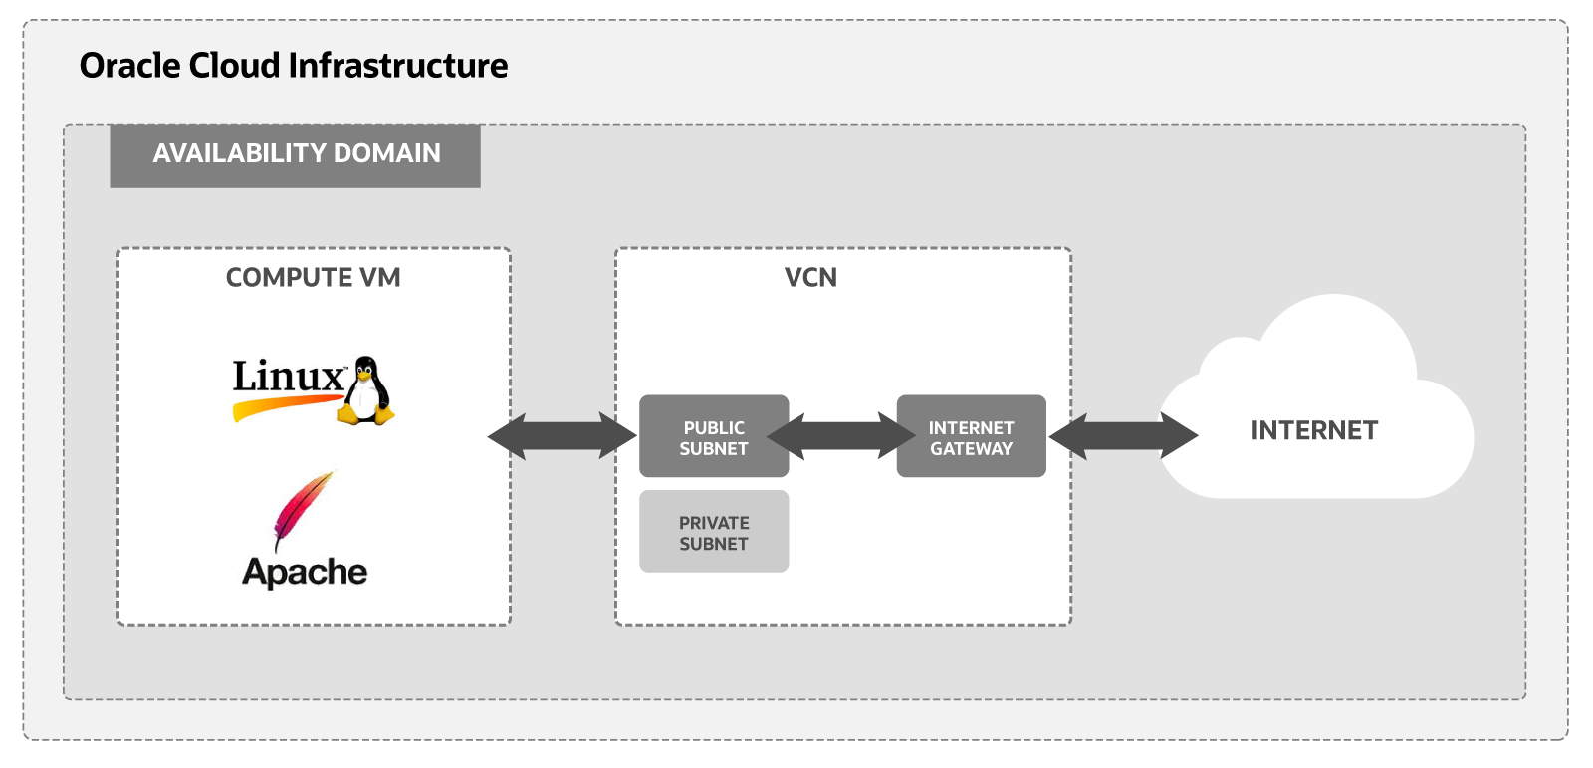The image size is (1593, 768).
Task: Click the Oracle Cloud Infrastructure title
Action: tap(294, 66)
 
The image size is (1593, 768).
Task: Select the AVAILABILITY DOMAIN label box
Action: tap(296, 154)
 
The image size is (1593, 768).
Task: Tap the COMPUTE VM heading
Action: tap(313, 277)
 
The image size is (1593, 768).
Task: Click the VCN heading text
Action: tap(810, 277)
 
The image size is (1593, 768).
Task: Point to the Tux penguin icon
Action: tap(366, 391)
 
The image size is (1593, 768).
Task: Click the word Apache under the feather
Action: tap(305, 572)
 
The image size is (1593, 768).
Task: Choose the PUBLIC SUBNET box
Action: tap(714, 436)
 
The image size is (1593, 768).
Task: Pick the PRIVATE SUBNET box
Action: tap(714, 532)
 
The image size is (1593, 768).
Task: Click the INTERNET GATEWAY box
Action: tap(971, 436)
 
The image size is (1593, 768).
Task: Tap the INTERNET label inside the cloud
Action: tap(1314, 430)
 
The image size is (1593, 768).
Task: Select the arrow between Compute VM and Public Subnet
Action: tap(562, 436)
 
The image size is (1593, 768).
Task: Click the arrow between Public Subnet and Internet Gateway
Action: tap(841, 436)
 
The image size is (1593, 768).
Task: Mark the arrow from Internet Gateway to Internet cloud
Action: tap(1123, 436)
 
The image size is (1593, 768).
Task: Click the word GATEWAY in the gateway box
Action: tap(971, 449)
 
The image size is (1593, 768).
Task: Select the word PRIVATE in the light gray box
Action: tap(714, 522)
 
